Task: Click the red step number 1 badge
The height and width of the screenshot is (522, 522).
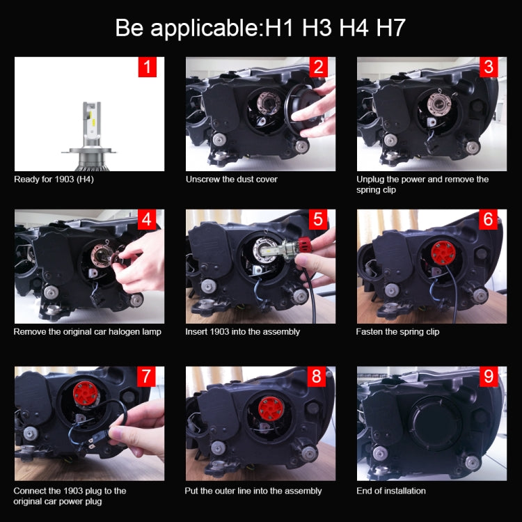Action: (x=147, y=67)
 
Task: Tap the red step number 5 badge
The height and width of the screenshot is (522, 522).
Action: (x=318, y=219)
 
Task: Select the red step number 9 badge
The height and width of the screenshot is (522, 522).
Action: (x=489, y=377)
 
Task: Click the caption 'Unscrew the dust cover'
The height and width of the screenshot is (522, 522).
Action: (x=231, y=180)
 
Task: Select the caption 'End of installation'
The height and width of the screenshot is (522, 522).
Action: (x=390, y=491)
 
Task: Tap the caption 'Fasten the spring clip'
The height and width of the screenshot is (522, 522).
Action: (x=397, y=331)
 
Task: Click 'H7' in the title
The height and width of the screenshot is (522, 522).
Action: (x=390, y=29)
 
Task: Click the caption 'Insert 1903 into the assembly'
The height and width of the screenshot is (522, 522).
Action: (x=242, y=331)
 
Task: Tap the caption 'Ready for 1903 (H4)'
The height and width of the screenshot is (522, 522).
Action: (x=54, y=180)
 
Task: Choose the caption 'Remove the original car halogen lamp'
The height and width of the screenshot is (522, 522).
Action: (x=87, y=331)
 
